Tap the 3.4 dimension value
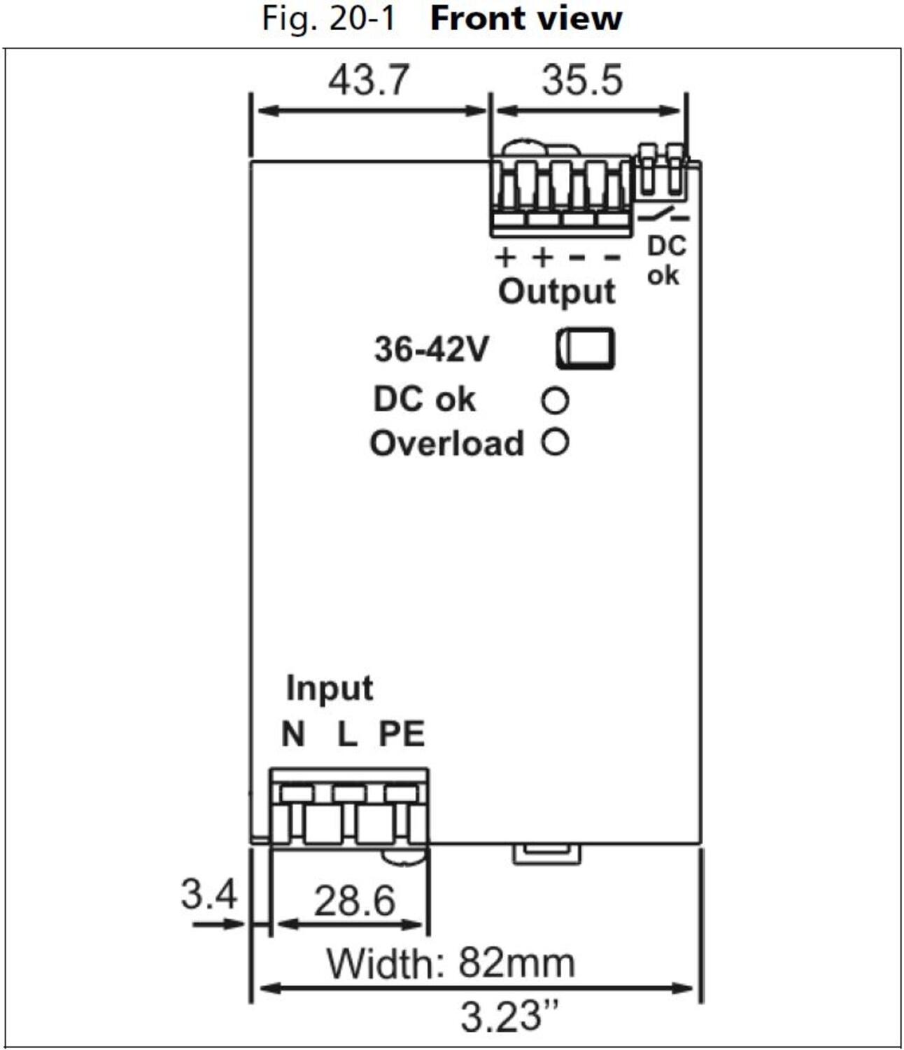[x=209, y=894]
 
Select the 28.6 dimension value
[x=354, y=901]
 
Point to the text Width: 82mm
[x=451, y=963]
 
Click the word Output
[x=557, y=291]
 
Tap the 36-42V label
[x=430, y=349]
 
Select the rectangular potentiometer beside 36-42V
[x=586, y=348]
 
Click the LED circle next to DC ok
[x=555, y=400]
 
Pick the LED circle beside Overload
[x=555, y=442]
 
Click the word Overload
[x=446, y=444]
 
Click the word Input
[x=330, y=688]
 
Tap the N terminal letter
[x=293, y=734]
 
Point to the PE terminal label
[x=402, y=734]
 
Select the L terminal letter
[x=347, y=734]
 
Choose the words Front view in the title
[x=525, y=19]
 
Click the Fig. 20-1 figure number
[x=329, y=19]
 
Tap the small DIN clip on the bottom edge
[x=546, y=853]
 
